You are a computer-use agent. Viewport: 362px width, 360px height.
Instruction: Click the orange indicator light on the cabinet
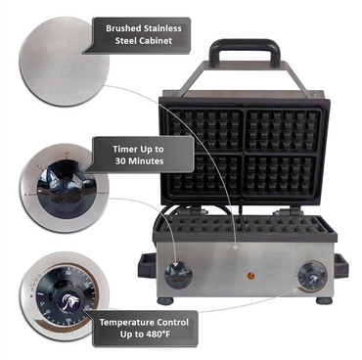pyautogui.click(x=250, y=276)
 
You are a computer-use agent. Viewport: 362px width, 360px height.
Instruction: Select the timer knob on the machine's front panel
pyautogui.click(x=178, y=276)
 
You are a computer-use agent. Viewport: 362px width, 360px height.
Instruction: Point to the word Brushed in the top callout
pyautogui.click(x=123, y=28)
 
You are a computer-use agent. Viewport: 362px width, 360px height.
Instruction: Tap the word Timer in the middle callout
pyautogui.click(x=124, y=150)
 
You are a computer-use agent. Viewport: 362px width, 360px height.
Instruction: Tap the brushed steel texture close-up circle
pyautogui.click(x=64, y=62)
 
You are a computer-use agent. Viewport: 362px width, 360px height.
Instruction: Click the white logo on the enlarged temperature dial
pyautogui.click(x=66, y=300)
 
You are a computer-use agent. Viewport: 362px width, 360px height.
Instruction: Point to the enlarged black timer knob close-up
pyautogui.click(x=67, y=189)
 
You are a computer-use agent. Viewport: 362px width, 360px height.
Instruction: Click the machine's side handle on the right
pyautogui.click(x=340, y=266)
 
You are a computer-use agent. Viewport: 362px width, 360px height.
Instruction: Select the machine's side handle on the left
pyautogui.click(x=147, y=265)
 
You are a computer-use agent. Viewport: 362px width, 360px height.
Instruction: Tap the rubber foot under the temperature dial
pyautogui.click(x=324, y=300)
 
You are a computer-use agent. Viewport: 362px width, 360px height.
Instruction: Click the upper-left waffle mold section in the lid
pyautogui.click(x=205, y=130)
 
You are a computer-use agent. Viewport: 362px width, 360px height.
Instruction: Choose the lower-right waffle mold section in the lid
pyautogui.click(x=281, y=177)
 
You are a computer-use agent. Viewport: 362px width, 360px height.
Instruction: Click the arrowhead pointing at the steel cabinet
pyautogui.click(x=236, y=247)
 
